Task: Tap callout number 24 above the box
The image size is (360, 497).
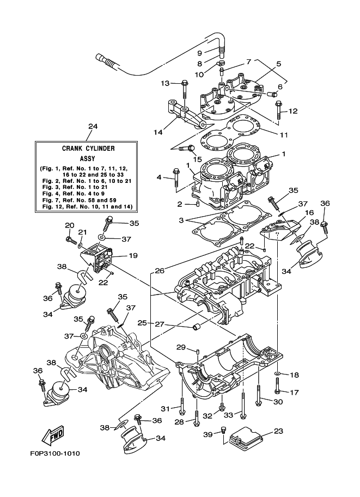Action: tap(93, 126)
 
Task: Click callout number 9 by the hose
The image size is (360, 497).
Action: tap(199, 53)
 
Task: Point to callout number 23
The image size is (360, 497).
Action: tap(279, 431)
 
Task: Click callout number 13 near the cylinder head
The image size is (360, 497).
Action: tap(166, 83)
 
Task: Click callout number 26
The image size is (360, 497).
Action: tap(159, 271)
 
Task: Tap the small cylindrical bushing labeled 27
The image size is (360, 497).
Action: tap(195, 327)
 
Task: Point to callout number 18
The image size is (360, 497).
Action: tap(294, 375)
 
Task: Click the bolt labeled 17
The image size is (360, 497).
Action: tap(278, 391)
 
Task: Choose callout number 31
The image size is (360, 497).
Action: tap(165, 409)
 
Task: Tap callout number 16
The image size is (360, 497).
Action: tap(309, 213)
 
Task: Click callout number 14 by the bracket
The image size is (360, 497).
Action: tap(158, 132)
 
